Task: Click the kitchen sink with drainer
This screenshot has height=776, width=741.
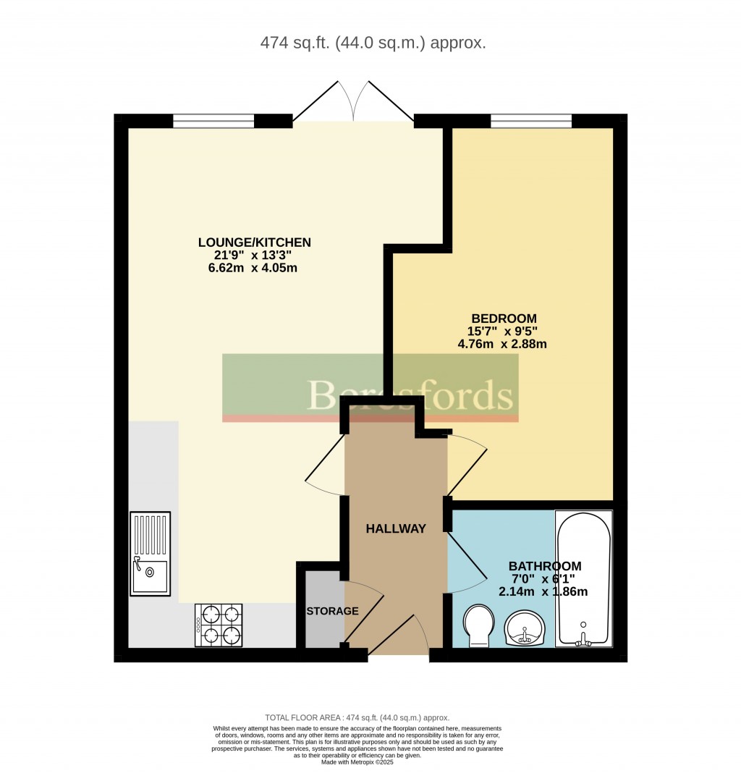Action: click(x=151, y=553)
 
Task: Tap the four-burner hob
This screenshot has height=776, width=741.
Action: click(x=218, y=625)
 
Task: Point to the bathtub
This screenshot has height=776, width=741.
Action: click(x=583, y=579)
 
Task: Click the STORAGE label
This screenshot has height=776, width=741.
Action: click(x=332, y=611)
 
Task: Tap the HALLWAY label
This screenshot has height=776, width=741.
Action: click(x=396, y=529)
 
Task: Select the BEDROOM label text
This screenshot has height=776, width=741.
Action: click(x=504, y=319)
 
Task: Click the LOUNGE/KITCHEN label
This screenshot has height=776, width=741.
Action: click(x=255, y=242)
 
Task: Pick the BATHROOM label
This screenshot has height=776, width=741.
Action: click(x=545, y=566)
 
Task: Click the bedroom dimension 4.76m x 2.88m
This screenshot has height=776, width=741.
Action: click(x=502, y=345)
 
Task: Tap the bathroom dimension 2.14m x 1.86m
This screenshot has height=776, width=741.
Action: click(x=543, y=591)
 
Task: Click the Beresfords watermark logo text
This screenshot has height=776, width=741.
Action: click(x=410, y=395)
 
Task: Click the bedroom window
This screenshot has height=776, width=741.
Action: click(x=531, y=121)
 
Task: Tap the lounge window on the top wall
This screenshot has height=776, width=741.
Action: click(x=213, y=121)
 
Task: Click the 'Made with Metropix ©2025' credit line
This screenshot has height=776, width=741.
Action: click(x=357, y=762)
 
